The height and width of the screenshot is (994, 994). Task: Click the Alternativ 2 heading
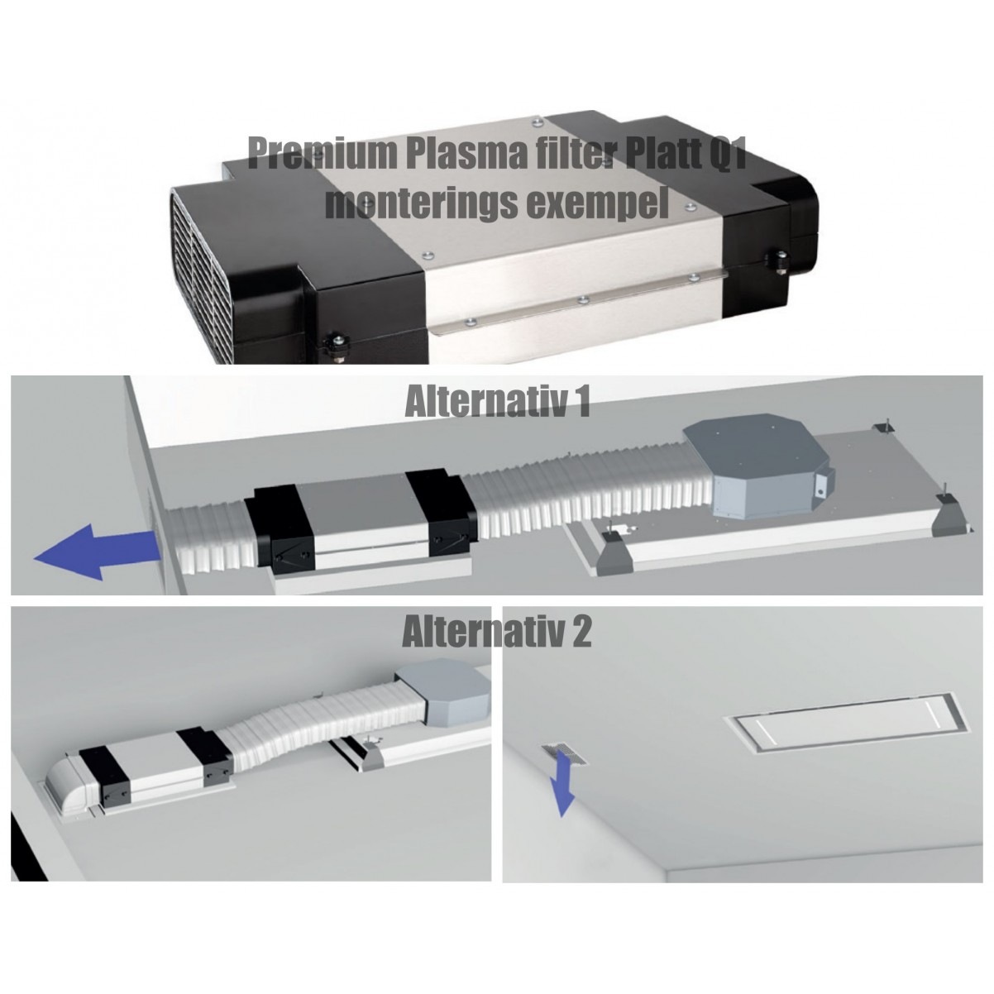tap(497, 631)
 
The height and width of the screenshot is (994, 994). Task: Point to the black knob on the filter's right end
tap(779, 260)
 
